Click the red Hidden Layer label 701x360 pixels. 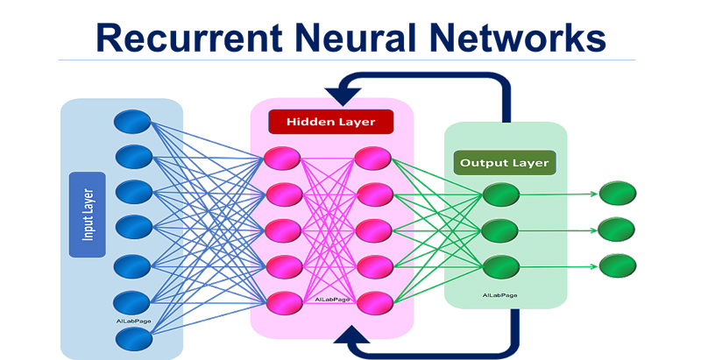pyautogui.click(x=330, y=122)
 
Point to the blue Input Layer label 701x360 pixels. pyautogui.click(x=87, y=215)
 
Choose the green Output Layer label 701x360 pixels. pyautogui.click(x=505, y=163)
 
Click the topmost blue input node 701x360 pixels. pyautogui.click(x=133, y=121)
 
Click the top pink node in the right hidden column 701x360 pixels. pyautogui.click(x=374, y=159)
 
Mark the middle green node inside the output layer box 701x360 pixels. pyautogui.click(x=501, y=229)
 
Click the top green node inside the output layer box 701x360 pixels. pyautogui.click(x=501, y=194)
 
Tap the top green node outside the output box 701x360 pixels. pyautogui.click(x=618, y=194)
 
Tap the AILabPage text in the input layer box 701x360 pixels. pyautogui.click(x=132, y=320)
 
